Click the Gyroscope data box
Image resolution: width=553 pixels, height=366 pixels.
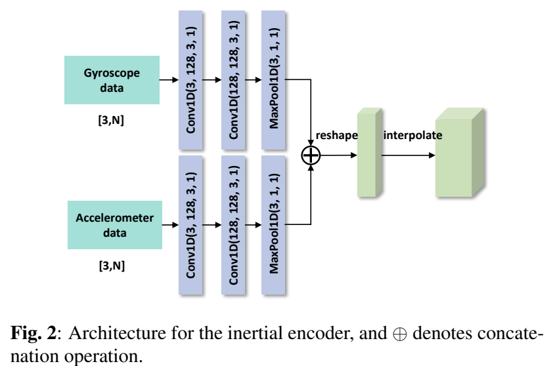point(112,80)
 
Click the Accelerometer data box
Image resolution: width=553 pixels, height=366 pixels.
point(115,225)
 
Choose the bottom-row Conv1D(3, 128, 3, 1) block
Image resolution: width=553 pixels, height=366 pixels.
point(190,225)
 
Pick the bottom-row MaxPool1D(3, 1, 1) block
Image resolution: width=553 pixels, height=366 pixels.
point(274,225)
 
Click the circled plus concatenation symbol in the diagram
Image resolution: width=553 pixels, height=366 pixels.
point(310,155)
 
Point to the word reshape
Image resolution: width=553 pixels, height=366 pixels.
point(336,135)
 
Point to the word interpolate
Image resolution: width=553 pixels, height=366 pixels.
point(412,135)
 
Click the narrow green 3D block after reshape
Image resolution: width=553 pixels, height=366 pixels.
point(368,155)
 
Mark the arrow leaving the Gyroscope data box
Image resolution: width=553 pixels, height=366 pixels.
point(169,80)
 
